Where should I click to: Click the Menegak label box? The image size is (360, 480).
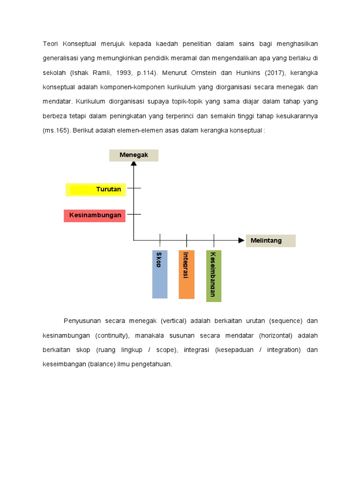[x=134, y=155]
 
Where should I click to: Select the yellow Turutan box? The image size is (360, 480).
[x=96, y=189]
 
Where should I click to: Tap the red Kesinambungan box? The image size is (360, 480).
[x=95, y=216]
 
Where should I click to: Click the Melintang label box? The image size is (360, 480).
[x=270, y=240]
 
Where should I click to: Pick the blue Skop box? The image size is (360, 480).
[x=159, y=274]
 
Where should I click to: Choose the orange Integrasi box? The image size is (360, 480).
[x=186, y=274]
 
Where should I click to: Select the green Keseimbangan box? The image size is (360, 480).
[x=213, y=276]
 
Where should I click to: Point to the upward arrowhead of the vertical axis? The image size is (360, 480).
[x=134, y=164]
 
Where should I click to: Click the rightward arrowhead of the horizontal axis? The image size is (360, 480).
[x=241, y=240]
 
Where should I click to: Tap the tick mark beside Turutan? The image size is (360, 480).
[x=134, y=188]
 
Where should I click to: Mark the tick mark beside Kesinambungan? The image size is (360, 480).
[x=134, y=214]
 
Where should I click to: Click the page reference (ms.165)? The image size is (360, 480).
[x=56, y=130]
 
